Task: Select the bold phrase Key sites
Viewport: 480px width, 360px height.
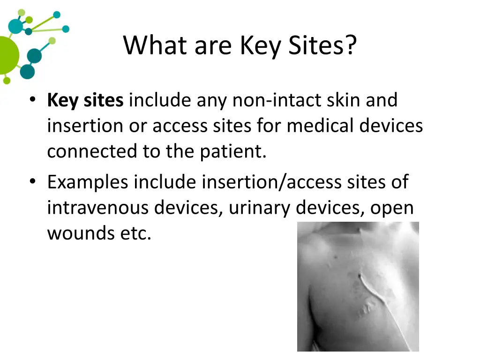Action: pos(85,100)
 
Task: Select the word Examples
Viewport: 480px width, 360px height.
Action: pos(87,182)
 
